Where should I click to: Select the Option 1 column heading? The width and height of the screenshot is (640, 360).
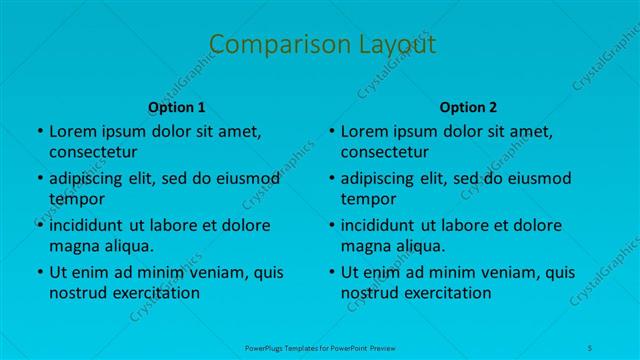tap(177, 107)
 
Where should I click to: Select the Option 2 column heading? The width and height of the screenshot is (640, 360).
tap(469, 107)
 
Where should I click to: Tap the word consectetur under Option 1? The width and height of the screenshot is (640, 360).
tap(93, 152)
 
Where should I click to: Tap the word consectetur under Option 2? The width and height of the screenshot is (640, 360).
tap(385, 152)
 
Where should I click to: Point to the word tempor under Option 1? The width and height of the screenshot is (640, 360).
tap(76, 198)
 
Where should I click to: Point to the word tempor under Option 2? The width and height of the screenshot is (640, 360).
tap(368, 198)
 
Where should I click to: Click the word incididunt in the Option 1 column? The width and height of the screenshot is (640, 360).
tap(86, 225)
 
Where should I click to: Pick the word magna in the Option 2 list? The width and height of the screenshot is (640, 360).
tap(365, 245)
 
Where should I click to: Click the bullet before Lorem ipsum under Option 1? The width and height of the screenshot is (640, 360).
tap(39, 132)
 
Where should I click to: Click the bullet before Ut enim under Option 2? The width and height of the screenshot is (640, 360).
tap(331, 272)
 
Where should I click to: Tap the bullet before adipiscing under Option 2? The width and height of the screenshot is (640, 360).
tap(331, 179)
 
